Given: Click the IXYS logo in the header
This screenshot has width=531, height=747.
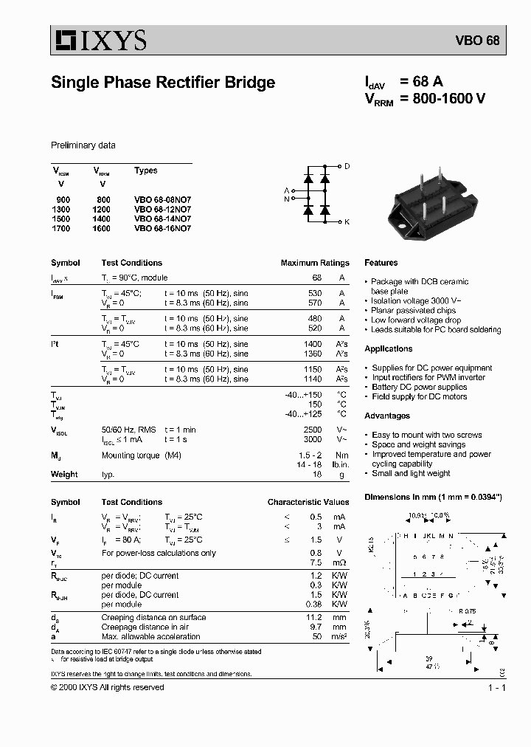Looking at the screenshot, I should pyautogui.click(x=98, y=40).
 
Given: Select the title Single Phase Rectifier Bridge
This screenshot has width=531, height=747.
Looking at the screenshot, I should pyautogui.click(x=162, y=83).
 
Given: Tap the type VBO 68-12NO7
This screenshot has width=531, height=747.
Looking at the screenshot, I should pyautogui.click(x=162, y=210).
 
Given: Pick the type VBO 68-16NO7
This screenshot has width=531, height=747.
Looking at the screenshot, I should pyautogui.click(x=162, y=229).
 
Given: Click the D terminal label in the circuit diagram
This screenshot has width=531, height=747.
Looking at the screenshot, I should pyautogui.click(x=347, y=167).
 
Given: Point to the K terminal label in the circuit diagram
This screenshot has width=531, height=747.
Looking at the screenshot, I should pyautogui.click(x=347, y=221).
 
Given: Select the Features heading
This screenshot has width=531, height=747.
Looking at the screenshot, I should pyautogui.click(x=381, y=263).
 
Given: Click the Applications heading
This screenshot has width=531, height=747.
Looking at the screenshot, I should pyautogui.click(x=388, y=348).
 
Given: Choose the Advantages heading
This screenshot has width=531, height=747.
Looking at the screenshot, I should pyautogui.click(x=387, y=416).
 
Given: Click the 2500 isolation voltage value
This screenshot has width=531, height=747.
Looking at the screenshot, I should pyautogui.click(x=313, y=429).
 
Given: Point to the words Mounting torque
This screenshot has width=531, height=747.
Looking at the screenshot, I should pyautogui.click(x=129, y=456).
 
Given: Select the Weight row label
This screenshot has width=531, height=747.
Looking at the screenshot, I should pyautogui.click(x=64, y=475).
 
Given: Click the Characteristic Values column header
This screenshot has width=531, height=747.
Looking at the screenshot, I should pyautogui.click(x=308, y=503).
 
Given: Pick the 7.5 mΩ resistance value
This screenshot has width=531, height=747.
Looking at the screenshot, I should pyautogui.click(x=316, y=562).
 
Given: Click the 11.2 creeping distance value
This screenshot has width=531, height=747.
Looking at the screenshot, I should pyautogui.click(x=314, y=617).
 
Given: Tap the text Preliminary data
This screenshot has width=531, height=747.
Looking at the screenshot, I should pyautogui.click(x=83, y=145).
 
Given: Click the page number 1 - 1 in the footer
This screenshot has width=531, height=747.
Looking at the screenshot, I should pyautogui.click(x=496, y=688).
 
